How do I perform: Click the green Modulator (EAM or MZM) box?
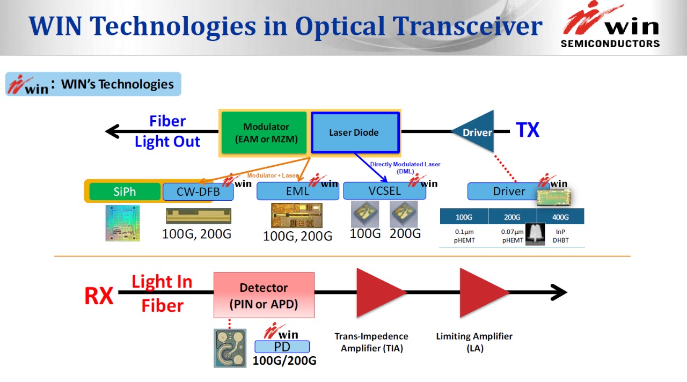tap(264, 133)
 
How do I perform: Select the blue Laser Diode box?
tap(355, 133)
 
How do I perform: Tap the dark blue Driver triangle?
tap(474, 131)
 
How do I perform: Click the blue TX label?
tap(527, 130)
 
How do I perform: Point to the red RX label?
tap(99, 296)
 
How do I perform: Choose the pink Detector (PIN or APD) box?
tap(264, 295)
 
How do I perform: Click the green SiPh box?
tap(125, 192)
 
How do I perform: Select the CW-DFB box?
tap(198, 192)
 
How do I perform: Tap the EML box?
tap(298, 191)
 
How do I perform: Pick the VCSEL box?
tap(385, 190)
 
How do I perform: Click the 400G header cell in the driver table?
tap(560, 217)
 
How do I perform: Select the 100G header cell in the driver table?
tap(464, 217)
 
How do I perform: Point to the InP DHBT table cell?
tap(561, 236)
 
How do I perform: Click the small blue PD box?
tap(282, 347)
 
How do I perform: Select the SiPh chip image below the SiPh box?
tap(123, 223)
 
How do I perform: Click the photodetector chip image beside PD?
tap(230, 348)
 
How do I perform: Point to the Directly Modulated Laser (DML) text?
tap(405, 168)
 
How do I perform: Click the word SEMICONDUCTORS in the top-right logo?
tap(610, 44)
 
